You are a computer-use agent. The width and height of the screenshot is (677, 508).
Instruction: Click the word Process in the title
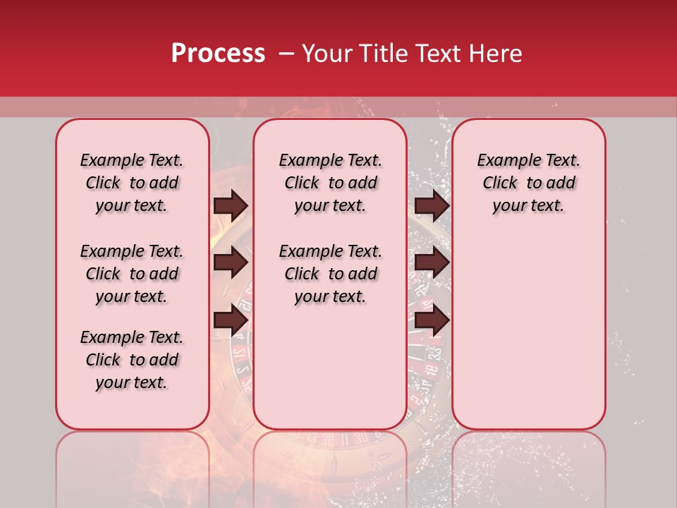(x=218, y=54)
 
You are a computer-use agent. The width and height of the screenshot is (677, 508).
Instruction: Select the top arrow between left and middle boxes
(x=231, y=205)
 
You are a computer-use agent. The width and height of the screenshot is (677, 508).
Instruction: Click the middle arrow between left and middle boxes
(x=231, y=262)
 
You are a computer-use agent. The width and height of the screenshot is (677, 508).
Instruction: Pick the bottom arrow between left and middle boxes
(x=231, y=320)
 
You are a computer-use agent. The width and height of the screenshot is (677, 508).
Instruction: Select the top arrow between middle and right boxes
(x=432, y=205)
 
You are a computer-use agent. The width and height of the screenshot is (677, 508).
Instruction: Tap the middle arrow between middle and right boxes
(x=432, y=262)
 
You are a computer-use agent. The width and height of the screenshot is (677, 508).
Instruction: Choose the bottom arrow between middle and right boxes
(x=432, y=320)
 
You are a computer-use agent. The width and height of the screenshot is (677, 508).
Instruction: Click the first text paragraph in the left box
(x=132, y=183)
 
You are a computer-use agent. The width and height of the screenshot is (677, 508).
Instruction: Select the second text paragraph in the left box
(x=132, y=274)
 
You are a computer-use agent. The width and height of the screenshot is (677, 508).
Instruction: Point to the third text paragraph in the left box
(x=132, y=360)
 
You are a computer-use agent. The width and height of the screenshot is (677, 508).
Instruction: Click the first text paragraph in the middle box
(x=330, y=183)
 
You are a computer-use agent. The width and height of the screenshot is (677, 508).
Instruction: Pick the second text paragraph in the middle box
(x=330, y=274)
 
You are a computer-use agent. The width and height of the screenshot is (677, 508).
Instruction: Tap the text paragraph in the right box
(x=528, y=183)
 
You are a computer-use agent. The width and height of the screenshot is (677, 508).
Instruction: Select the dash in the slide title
(x=286, y=54)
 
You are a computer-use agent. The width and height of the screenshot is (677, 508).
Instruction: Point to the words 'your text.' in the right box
(x=528, y=205)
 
